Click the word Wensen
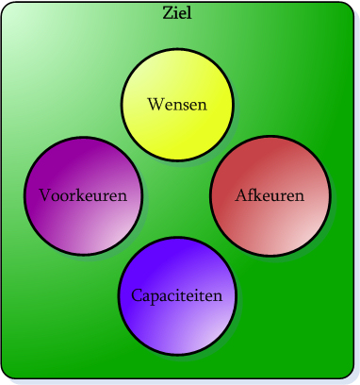click(177, 103)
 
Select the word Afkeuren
click(270, 196)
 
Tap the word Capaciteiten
click(177, 295)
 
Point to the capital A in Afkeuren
click(241, 196)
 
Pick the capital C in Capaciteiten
click(137, 295)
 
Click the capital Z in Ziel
click(168, 11)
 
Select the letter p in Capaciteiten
click(155, 297)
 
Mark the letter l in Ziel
click(190, 11)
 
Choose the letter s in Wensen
click(185, 103)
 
